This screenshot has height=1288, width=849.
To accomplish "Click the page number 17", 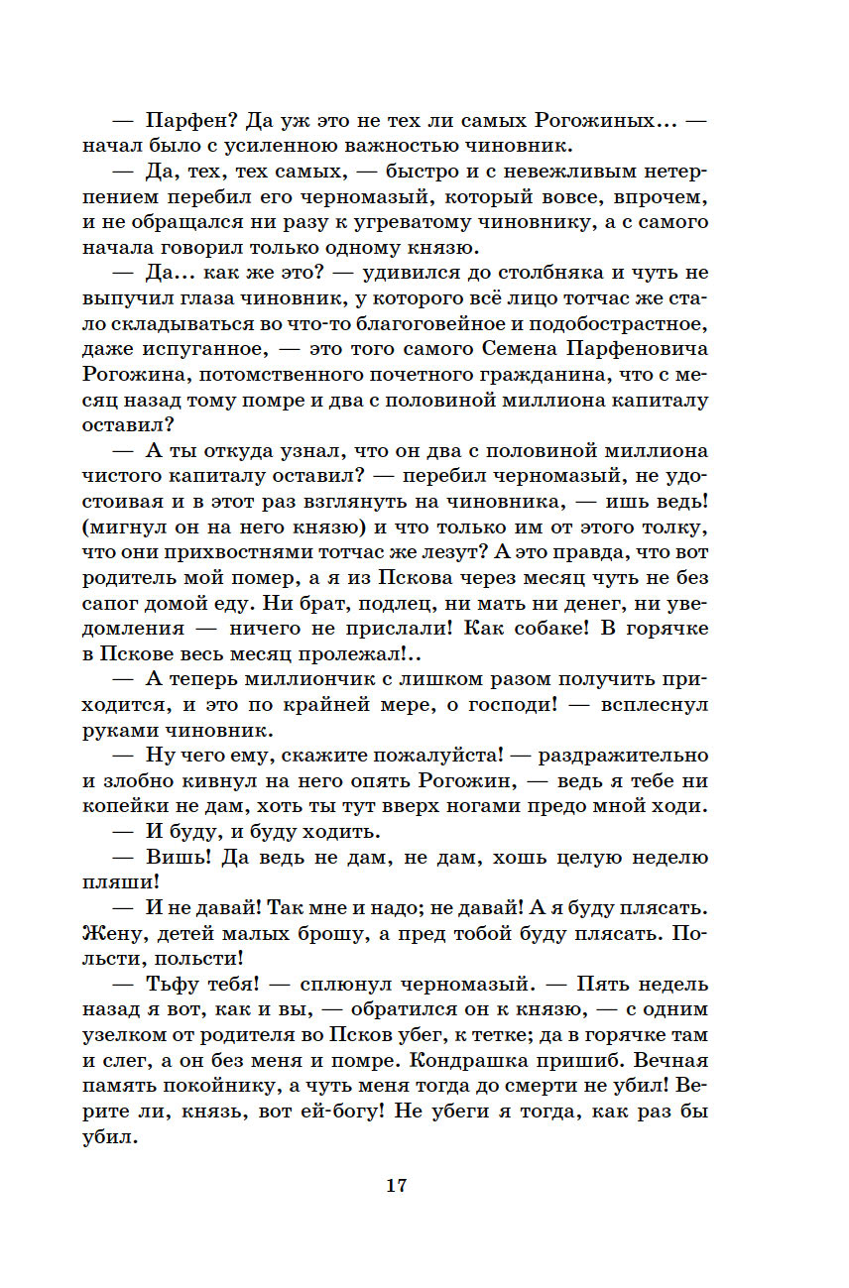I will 397,1186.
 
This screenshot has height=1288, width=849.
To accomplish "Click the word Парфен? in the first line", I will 184,120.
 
